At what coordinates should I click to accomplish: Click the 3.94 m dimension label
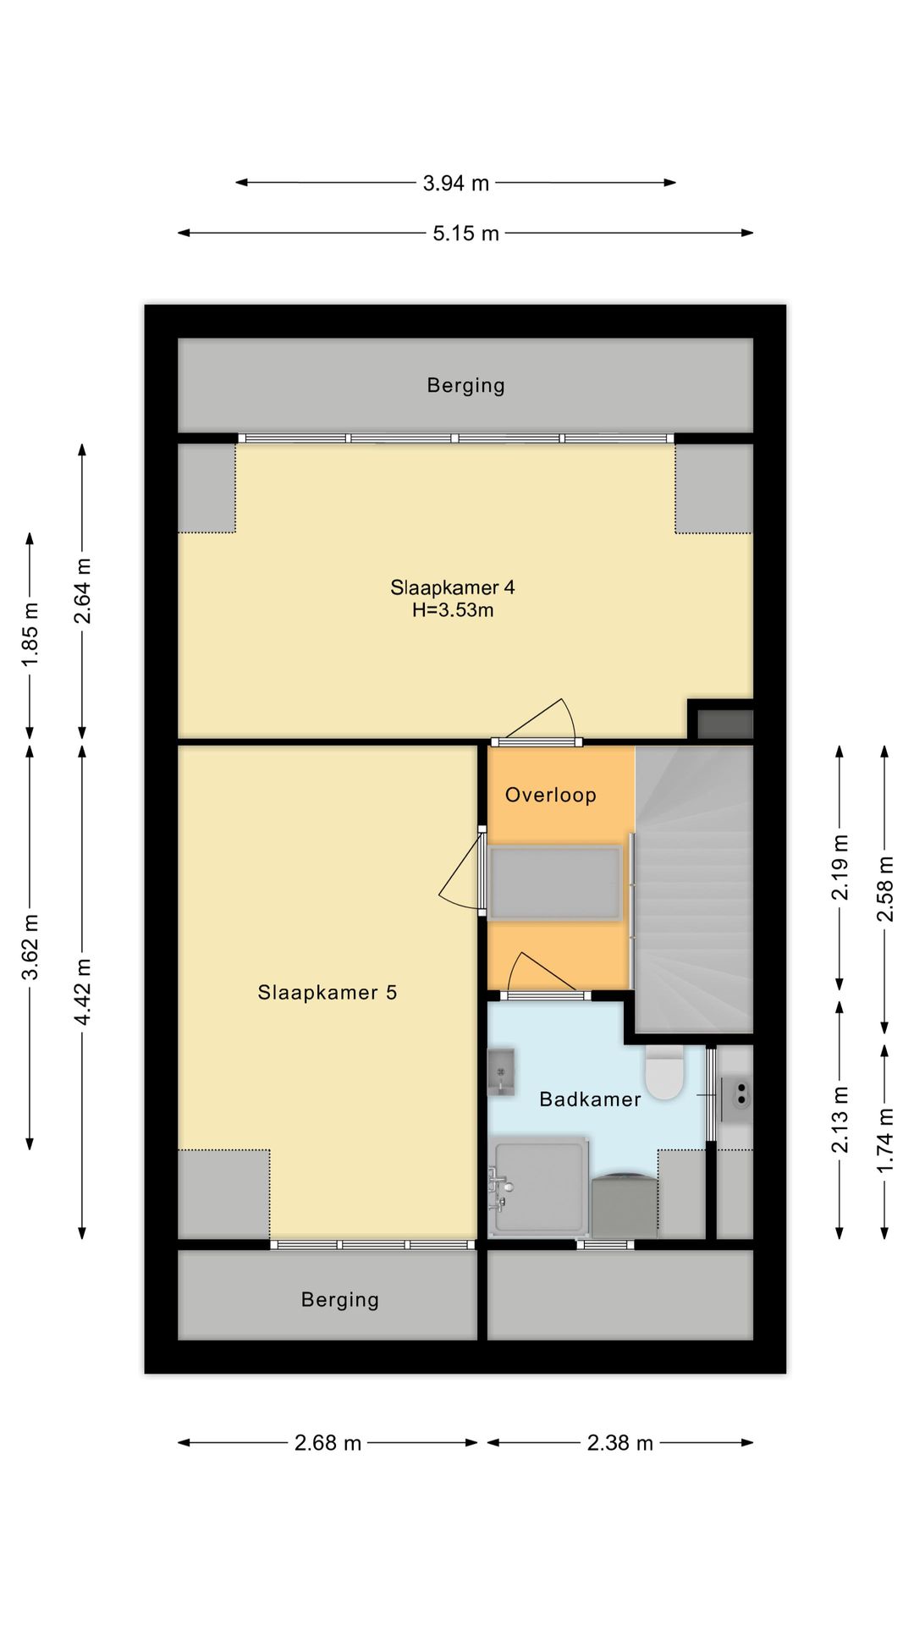456,183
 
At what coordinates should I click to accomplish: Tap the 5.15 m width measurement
465,234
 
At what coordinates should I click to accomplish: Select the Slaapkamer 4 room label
453,587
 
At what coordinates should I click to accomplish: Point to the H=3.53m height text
453,610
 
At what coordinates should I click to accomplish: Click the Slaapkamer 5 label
328,993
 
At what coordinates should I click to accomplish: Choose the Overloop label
551,795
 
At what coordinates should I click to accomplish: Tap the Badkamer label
590,1099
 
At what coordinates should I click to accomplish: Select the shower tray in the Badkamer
539,1187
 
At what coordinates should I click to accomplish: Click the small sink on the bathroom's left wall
502,1072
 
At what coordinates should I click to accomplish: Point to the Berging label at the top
465,386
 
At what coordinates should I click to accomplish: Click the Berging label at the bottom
340,1300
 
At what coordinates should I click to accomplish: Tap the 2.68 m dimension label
328,1443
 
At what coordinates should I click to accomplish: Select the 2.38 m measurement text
620,1443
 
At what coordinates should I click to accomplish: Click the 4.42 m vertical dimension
83,992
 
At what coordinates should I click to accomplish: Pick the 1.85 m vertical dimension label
30,634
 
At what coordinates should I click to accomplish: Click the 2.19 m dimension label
840,868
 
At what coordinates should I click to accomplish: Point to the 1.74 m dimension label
885,1141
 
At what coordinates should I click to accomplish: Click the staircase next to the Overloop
694,889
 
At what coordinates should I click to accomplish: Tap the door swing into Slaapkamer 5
461,872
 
